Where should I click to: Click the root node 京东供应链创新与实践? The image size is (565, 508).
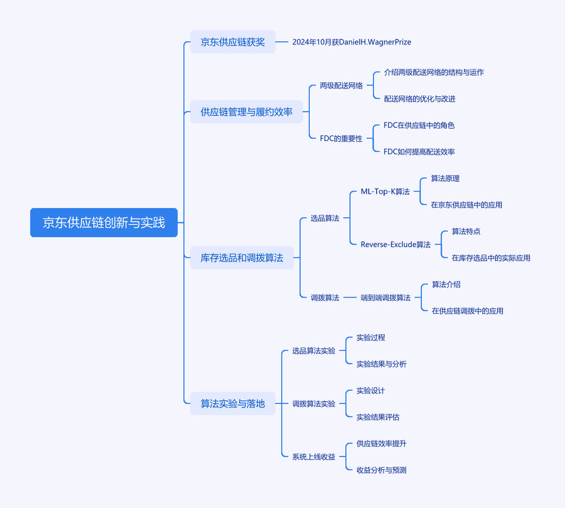coord(104,223)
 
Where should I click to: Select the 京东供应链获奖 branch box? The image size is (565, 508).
coord(233,42)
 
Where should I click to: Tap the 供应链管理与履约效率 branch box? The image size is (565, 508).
coord(246,112)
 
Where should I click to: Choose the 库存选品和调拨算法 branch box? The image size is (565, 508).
coord(242,258)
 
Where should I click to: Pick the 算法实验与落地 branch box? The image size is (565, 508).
coord(233,403)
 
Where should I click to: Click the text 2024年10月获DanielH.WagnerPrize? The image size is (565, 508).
coord(352,42)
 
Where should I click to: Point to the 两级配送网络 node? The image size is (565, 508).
coord(341,85)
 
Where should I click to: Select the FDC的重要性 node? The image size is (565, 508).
coord(341,139)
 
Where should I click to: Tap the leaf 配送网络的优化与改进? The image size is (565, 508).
coord(420,99)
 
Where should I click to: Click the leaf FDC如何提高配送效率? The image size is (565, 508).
coord(419,152)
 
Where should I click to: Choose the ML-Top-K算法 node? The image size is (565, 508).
coord(385,192)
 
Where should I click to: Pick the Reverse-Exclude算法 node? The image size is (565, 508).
coord(395,245)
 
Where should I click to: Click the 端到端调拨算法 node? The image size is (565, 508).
coord(386,297)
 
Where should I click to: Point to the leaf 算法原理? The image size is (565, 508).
coord(445,179)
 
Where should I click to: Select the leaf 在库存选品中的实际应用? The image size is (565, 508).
coord(491,258)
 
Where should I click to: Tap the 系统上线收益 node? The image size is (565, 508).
coord(314,457)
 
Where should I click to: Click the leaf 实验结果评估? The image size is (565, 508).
coord(378,417)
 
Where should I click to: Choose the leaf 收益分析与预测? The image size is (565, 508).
coord(381,470)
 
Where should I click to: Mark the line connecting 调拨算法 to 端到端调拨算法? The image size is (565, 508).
coord(350,297)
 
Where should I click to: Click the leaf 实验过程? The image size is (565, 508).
coord(371,338)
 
